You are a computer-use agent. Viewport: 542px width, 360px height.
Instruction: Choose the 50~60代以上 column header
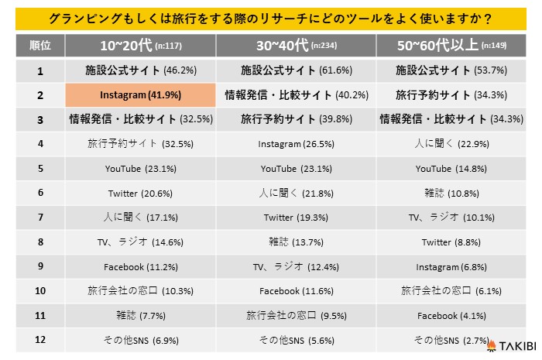(x=451, y=46)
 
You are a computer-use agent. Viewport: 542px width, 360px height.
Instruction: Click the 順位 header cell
(x=39, y=46)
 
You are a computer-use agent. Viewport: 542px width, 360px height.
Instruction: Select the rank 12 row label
(x=39, y=340)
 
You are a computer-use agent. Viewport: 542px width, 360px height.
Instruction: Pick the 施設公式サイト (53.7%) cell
(x=451, y=70)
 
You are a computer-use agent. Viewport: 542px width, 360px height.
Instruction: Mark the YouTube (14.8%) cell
(x=451, y=169)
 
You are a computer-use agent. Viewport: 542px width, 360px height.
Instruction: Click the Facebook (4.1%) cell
(x=451, y=315)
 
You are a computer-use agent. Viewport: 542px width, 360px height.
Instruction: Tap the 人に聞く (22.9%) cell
(x=451, y=144)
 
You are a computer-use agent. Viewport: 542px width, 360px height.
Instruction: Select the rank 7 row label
(x=39, y=218)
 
